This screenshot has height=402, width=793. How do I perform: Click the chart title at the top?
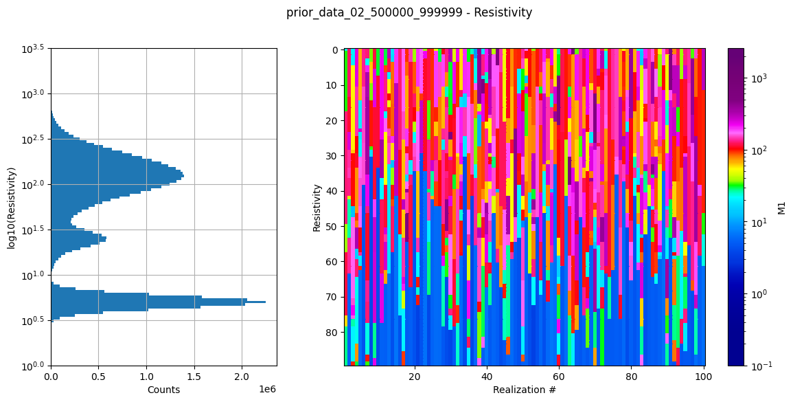pos(409,12)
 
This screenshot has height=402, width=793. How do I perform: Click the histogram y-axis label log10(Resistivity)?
pos(12,207)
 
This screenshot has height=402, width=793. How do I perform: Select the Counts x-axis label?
pos(163,390)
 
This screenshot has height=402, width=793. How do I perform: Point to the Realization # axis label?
pos(524,390)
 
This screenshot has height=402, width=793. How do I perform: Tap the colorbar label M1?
pos(781,207)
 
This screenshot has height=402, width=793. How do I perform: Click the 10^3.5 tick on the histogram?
pos(32,49)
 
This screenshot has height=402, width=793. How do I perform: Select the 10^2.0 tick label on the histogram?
pos(32,184)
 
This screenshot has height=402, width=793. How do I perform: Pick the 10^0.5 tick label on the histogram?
pos(32,320)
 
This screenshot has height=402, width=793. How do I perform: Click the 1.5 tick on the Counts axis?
pos(194,377)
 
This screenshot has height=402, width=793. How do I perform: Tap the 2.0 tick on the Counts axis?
pos(242,377)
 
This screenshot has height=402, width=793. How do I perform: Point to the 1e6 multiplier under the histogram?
pos(267,388)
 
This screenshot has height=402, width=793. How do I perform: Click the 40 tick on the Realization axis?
pos(487,377)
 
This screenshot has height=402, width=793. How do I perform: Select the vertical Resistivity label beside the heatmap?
pos(317,207)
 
